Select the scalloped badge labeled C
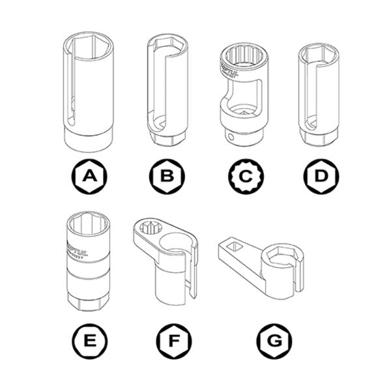(x=244, y=175)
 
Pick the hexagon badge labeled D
(x=319, y=175)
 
